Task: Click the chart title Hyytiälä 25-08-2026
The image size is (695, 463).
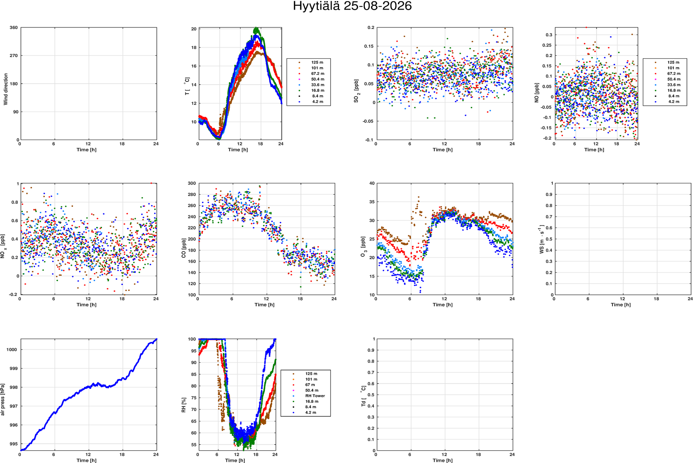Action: [352, 6]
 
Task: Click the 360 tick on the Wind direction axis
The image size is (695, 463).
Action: [14, 28]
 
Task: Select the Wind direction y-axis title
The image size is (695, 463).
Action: [6, 89]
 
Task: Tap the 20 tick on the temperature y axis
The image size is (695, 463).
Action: [193, 29]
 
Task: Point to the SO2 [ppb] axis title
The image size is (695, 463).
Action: [356, 91]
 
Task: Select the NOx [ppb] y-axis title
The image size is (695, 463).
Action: [3, 246]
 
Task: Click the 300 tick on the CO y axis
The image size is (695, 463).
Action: [192, 183]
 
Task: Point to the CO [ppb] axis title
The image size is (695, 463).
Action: [184, 248]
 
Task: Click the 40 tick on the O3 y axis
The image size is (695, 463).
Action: [372, 183]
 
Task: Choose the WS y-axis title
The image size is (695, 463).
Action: [541, 240]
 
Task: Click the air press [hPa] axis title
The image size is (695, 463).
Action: [3, 399]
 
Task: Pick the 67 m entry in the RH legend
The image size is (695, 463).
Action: [310, 385]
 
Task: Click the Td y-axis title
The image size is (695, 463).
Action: [363, 396]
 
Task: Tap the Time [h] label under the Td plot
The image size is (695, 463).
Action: [442, 460]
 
